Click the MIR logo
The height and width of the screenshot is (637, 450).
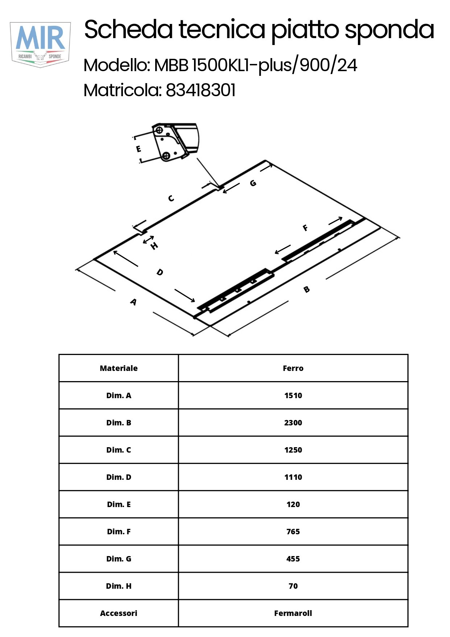(x=40, y=45)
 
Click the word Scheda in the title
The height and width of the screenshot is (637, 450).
(x=128, y=29)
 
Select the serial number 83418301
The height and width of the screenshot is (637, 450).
(x=201, y=90)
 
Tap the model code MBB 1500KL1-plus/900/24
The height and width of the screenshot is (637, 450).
(x=256, y=65)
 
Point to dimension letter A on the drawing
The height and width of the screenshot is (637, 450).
(x=133, y=302)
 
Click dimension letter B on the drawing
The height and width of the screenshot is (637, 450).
(x=306, y=289)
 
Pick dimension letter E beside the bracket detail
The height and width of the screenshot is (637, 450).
(x=139, y=149)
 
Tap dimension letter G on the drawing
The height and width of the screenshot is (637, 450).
(x=253, y=183)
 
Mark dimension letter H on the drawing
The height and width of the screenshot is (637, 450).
(x=154, y=246)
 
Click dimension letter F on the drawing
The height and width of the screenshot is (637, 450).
(x=305, y=228)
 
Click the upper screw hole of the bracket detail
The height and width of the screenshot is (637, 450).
(x=159, y=130)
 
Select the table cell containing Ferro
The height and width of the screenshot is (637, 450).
(x=293, y=368)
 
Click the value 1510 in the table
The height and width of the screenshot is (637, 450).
(x=293, y=395)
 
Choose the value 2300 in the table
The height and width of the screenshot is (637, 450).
(x=293, y=422)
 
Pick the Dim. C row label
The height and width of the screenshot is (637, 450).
(x=119, y=450)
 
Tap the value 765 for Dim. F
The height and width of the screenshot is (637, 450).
(x=293, y=531)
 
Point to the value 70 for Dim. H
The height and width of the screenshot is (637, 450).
(x=293, y=586)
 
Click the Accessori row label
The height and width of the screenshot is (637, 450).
(x=119, y=613)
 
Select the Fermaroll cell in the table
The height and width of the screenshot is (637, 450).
(x=293, y=613)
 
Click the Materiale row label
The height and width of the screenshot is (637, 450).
(x=119, y=368)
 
